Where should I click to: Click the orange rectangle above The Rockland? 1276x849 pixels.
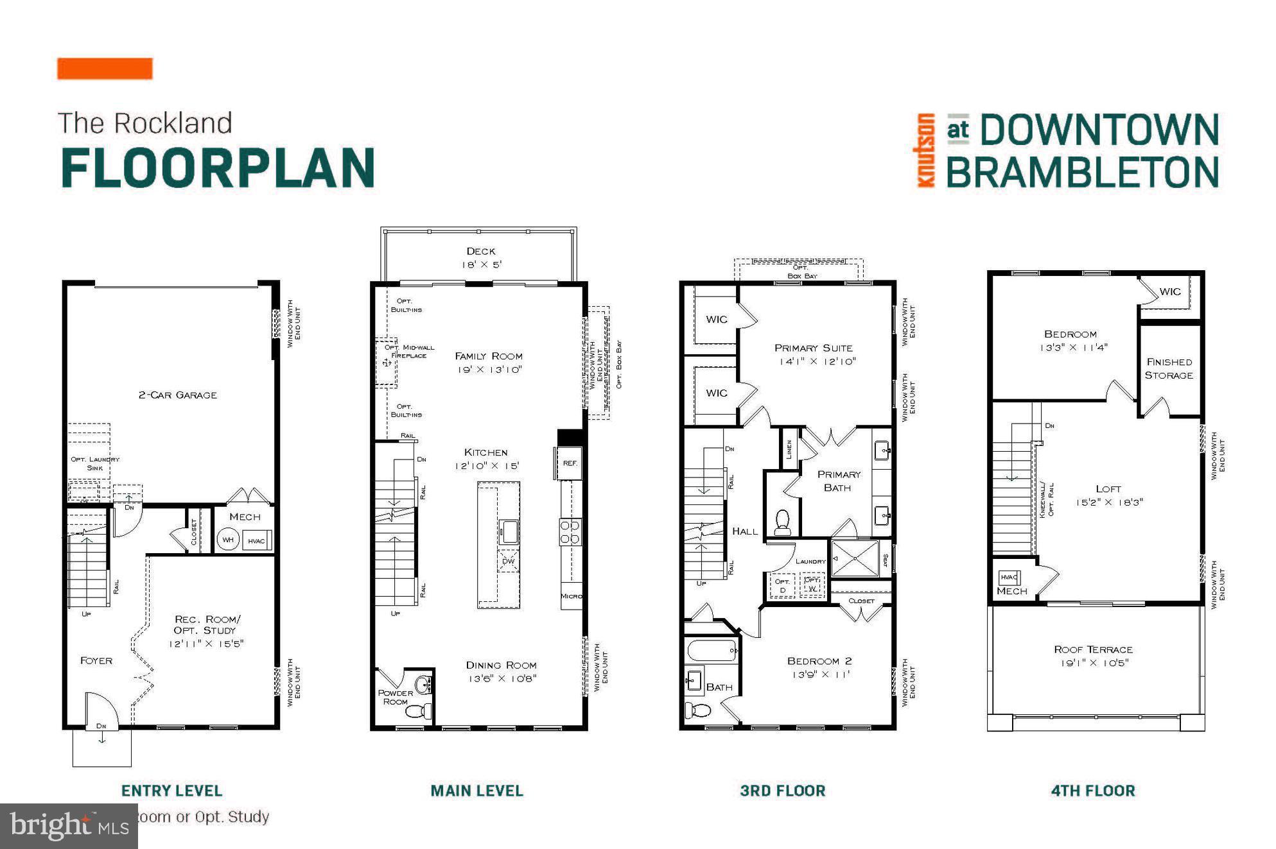coord(105,69)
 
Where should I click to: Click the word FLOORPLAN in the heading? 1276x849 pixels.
coord(218,167)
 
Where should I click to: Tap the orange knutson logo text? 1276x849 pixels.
coord(925,150)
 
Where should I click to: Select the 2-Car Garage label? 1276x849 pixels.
coord(178,395)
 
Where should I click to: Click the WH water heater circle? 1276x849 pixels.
coord(228,540)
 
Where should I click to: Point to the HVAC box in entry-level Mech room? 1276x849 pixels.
coord(257,540)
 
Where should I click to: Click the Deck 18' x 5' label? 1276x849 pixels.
coord(481,257)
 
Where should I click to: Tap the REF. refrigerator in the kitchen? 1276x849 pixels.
coord(570,463)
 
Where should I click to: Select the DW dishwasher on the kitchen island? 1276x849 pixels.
coord(509,561)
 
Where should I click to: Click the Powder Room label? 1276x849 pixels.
coord(396,697)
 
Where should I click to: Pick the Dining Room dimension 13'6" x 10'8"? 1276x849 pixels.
coord(502,678)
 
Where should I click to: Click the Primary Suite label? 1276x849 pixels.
coord(814,348)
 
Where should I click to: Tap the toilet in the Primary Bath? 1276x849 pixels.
coord(782,521)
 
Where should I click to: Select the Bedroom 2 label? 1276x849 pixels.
coord(819,661)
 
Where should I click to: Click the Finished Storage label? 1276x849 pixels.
coord(1169,368)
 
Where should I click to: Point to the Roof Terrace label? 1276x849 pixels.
coord(1093,649)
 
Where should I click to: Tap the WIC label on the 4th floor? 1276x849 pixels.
coord(1169,291)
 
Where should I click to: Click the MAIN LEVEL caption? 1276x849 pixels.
coord(476,791)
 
